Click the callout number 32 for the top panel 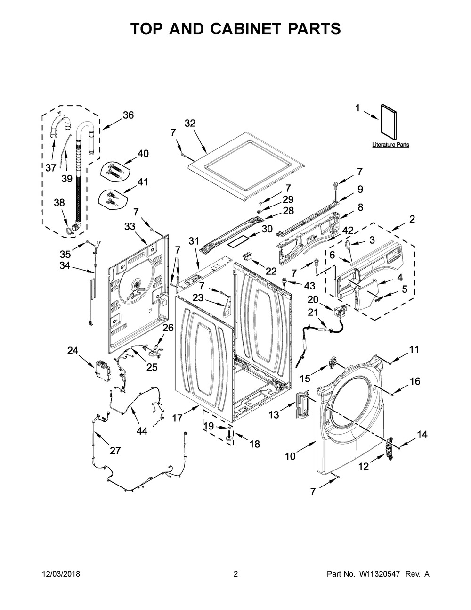[x=190, y=123]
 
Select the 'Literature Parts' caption [x=390, y=145]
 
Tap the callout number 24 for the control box [x=73, y=350]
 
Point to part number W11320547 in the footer [x=378, y=574]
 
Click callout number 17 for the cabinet [x=177, y=418]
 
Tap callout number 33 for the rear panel [x=130, y=226]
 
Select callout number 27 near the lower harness [x=115, y=451]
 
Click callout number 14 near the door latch [x=422, y=435]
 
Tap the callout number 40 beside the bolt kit [x=143, y=153]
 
